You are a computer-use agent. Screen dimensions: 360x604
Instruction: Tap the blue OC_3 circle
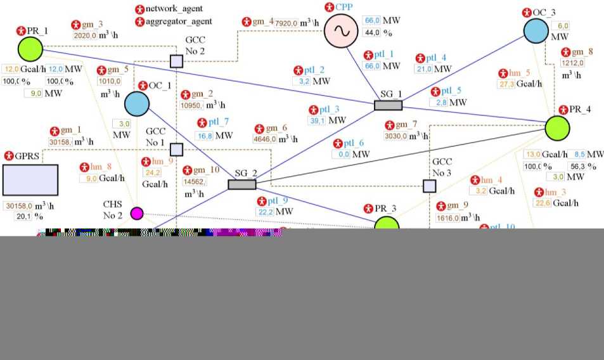click(x=536, y=31)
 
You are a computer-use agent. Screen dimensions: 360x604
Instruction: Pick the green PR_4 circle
click(x=558, y=127)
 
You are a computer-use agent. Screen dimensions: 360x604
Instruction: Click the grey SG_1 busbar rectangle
click(x=388, y=105)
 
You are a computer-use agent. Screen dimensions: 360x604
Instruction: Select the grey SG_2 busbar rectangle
click(x=242, y=184)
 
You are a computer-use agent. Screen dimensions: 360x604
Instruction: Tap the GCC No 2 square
click(x=176, y=61)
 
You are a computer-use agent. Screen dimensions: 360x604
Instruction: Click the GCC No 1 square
click(x=176, y=150)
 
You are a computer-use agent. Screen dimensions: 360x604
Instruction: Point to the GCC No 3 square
click(x=430, y=186)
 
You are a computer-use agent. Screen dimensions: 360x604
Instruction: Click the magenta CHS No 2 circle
click(x=137, y=213)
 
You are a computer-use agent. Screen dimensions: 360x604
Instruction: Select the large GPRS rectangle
click(x=30, y=179)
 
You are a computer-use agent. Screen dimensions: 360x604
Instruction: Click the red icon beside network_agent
click(x=140, y=10)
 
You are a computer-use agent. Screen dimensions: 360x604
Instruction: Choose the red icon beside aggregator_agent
click(x=140, y=22)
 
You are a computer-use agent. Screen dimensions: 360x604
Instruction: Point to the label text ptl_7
click(x=218, y=122)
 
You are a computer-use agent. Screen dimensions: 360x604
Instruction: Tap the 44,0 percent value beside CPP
click(x=371, y=33)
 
